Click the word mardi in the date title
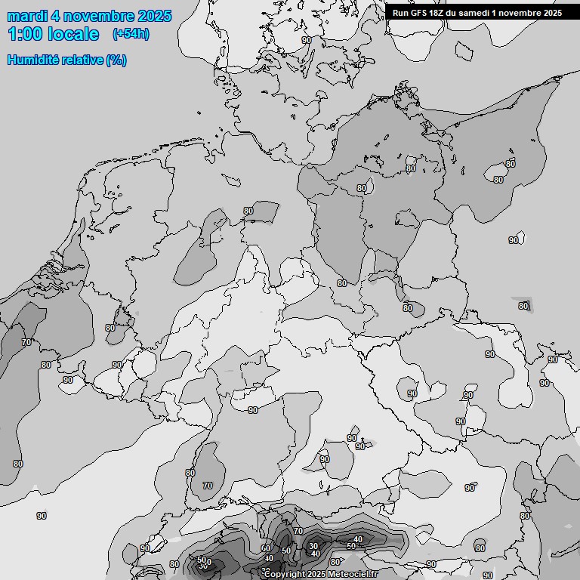coord(26,16)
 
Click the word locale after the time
coord(73,34)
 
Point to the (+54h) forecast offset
coord(131,34)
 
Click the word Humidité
coord(33,60)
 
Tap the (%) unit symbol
coord(116,60)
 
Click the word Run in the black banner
coord(400,12)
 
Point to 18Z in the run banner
coord(438,12)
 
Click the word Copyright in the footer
coord(285,575)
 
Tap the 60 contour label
coord(265,549)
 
